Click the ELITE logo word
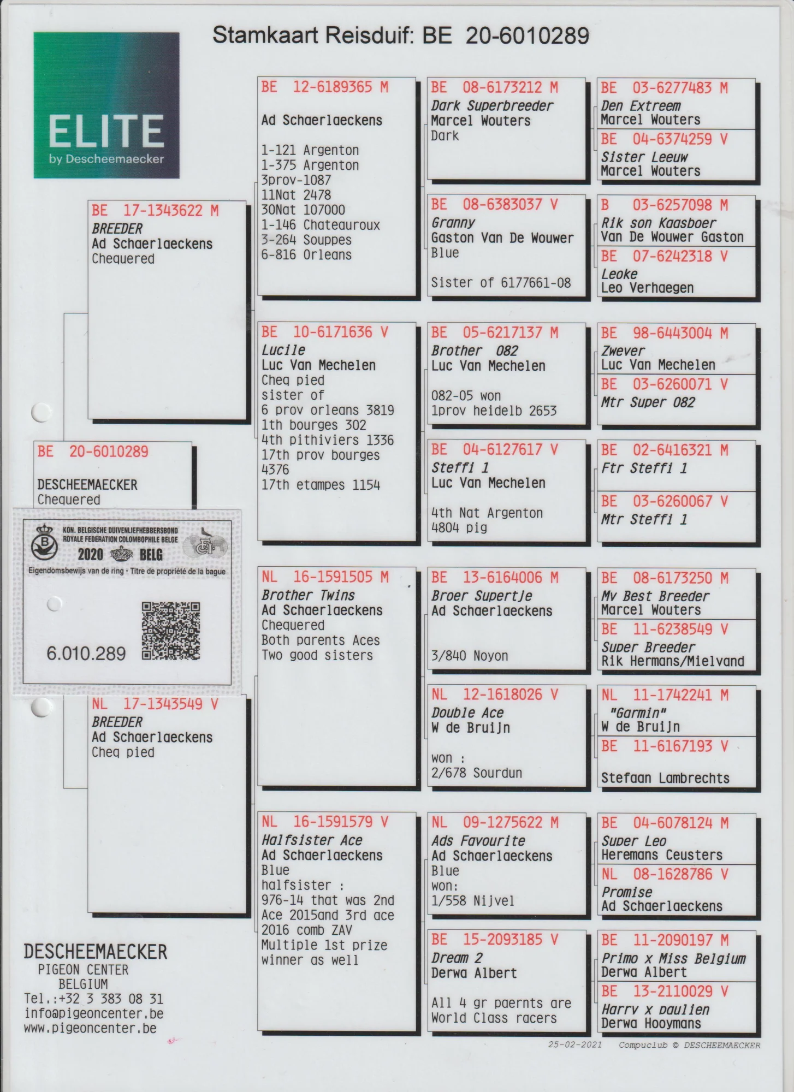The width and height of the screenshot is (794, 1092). (106, 130)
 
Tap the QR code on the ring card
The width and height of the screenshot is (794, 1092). (170, 631)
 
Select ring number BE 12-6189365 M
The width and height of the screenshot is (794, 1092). (324, 87)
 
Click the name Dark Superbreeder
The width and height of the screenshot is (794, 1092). (491, 106)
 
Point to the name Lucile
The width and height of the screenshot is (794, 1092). (283, 350)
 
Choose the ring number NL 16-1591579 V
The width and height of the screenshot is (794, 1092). (324, 822)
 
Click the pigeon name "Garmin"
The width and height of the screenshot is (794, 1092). (634, 713)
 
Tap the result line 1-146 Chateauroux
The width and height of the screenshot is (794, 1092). (320, 225)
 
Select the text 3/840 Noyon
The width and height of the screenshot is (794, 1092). (469, 656)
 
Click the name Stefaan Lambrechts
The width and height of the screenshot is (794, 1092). (665, 778)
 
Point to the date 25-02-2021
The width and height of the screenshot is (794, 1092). (574, 1045)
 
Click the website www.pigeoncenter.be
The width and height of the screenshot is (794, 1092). (90, 1029)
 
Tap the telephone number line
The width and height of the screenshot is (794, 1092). (93, 999)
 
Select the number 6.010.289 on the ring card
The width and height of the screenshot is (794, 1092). (86, 654)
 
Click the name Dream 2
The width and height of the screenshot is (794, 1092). (457, 958)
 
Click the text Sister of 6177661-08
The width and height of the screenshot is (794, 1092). (500, 283)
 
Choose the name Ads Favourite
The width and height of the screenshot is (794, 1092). (478, 841)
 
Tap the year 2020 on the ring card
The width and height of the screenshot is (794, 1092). (90, 555)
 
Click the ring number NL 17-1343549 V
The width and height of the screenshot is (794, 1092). (155, 704)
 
